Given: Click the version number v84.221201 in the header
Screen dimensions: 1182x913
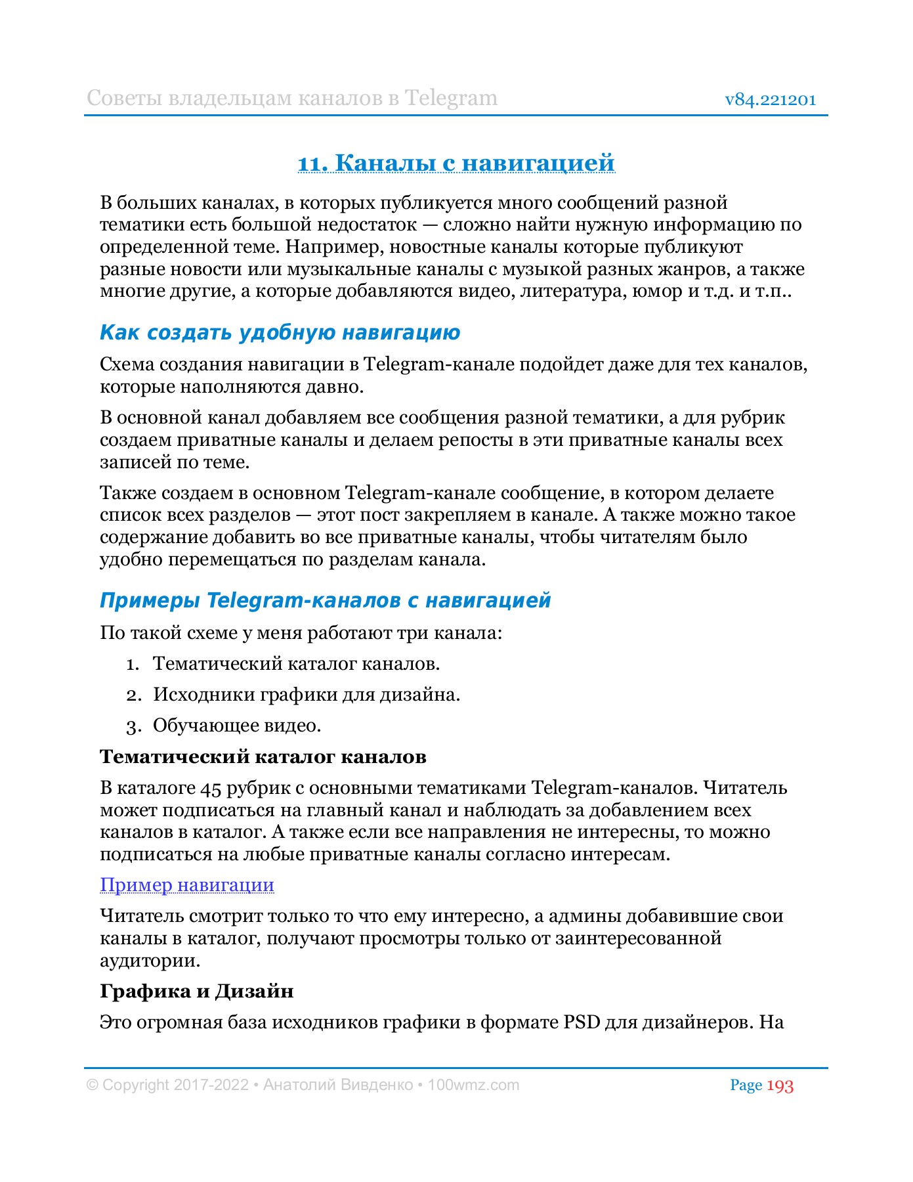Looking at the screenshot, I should [x=770, y=100].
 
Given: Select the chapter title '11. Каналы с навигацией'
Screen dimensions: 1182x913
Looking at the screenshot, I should [x=456, y=162].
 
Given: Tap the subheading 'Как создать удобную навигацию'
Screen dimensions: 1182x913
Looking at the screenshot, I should [x=280, y=332].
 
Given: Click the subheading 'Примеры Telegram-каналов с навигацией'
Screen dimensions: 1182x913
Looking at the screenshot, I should [x=325, y=600].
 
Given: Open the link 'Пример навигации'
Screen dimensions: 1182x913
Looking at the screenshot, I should [x=187, y=885].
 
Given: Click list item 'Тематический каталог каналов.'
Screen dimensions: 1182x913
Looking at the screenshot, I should [x=296, y=664].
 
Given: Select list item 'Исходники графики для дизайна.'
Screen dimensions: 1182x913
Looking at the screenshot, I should [x=307, y=695].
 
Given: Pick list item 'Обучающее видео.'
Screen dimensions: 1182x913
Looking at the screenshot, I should [x=237, y=726].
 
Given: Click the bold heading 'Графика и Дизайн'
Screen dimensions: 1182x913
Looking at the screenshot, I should [x=196, y=991].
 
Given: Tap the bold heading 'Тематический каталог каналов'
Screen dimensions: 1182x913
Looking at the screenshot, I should [x=263, y=756].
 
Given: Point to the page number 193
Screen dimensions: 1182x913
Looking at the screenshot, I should [x=780, y=1086].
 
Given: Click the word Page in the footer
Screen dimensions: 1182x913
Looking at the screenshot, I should [x=746, y=1085].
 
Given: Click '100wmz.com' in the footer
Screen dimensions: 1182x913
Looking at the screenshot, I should [x=473, y=1085].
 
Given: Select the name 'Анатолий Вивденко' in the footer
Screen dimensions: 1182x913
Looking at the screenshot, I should [x=338, y=1085].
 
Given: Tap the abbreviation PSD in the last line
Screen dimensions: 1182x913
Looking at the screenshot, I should [x=582, y=1022].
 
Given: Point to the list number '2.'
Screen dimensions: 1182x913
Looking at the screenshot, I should [x=134, y=695].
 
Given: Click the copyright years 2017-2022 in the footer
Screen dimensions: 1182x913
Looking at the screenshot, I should [x=211, y=1085].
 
